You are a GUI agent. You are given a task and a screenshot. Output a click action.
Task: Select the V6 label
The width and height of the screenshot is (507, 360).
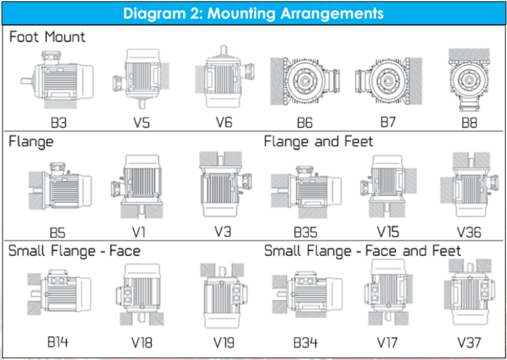(224, 123)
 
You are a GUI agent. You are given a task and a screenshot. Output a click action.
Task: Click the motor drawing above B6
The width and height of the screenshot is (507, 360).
(305, 81)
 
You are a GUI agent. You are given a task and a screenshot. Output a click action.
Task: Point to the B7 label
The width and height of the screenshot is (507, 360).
(389, 123)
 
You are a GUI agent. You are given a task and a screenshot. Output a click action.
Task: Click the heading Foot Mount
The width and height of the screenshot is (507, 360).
(48, 37)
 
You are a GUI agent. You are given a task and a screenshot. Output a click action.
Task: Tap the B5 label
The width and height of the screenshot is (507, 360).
(58, 233)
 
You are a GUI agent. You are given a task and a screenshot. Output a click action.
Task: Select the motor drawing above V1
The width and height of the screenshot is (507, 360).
(141, 187)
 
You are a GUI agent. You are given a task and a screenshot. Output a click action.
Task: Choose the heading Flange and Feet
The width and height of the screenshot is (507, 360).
(318, 142)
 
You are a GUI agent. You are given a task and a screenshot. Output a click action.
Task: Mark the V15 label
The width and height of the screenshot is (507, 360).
(388, 233)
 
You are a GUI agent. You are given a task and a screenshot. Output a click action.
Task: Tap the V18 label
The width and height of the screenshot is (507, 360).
(141, 343)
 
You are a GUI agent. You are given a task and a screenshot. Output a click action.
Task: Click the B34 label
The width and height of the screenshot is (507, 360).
(305, 343)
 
